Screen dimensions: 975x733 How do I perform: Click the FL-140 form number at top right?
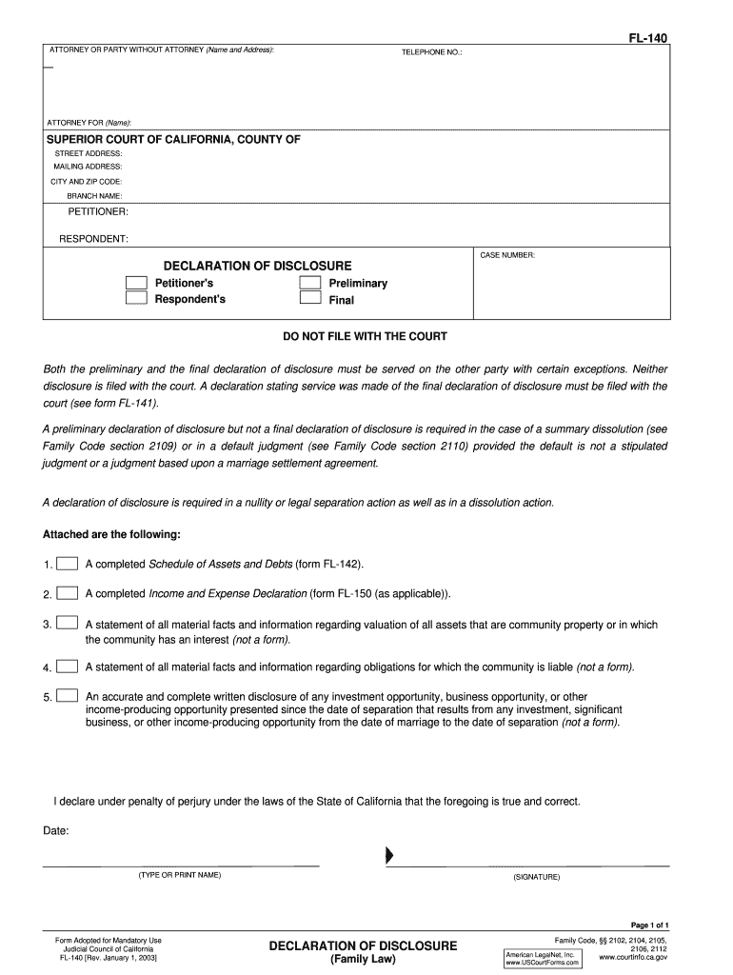(646, 38)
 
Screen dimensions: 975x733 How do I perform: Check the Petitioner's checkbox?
(137, 283)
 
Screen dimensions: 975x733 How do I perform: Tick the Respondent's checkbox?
(137, 298)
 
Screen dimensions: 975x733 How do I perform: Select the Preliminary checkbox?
(310, 283)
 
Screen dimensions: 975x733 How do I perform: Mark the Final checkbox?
(310, 298)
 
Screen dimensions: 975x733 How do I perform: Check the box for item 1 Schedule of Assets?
(67, 564)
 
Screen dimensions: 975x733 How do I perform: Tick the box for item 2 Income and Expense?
(67, 593)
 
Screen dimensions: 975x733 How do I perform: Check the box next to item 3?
(67, 624)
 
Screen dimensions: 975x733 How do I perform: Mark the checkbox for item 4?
(67, 666)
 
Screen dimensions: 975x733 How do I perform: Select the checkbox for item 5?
(67, 696)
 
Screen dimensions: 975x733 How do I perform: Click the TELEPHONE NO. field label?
(431, 52)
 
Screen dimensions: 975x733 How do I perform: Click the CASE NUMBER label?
(507, 255)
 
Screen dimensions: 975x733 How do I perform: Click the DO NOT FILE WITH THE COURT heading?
(366, 336)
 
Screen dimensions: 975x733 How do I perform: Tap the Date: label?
(56, 830)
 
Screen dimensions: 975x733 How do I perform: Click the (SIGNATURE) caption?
(537, 876)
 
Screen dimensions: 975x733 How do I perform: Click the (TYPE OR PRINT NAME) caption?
(179, 874)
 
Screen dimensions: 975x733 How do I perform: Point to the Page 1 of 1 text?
(650, 925)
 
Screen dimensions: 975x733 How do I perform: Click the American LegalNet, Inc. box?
(542, 957)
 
